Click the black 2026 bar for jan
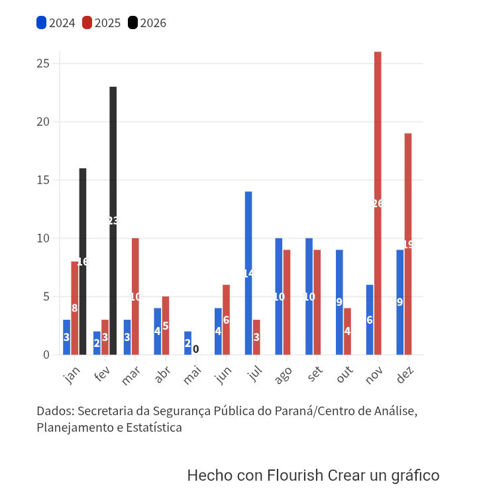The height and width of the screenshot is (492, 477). (x=83, y=262)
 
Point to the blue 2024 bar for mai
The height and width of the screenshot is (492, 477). (x=187, y=343)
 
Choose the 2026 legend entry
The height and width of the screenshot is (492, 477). (x=147, y=23)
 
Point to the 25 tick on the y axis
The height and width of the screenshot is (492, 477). (x=43, y=64)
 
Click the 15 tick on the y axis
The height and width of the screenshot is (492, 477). (x=43, y=180)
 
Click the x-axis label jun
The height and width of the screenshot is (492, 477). (x=223, y=376)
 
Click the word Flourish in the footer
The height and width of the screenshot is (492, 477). (x=295, y=475)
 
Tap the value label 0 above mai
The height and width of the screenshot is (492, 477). (x=195, y=348)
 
